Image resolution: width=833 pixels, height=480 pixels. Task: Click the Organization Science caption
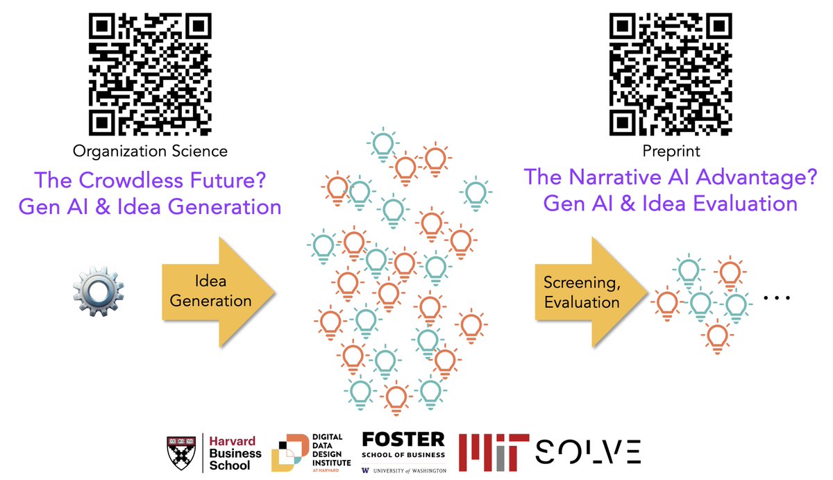tap(150, 151)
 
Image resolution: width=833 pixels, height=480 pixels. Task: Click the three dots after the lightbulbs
tap(777, 299)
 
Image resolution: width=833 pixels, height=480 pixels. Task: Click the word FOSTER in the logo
tap(403, 439)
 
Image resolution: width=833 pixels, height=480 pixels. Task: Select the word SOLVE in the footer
tap(588, 452)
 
